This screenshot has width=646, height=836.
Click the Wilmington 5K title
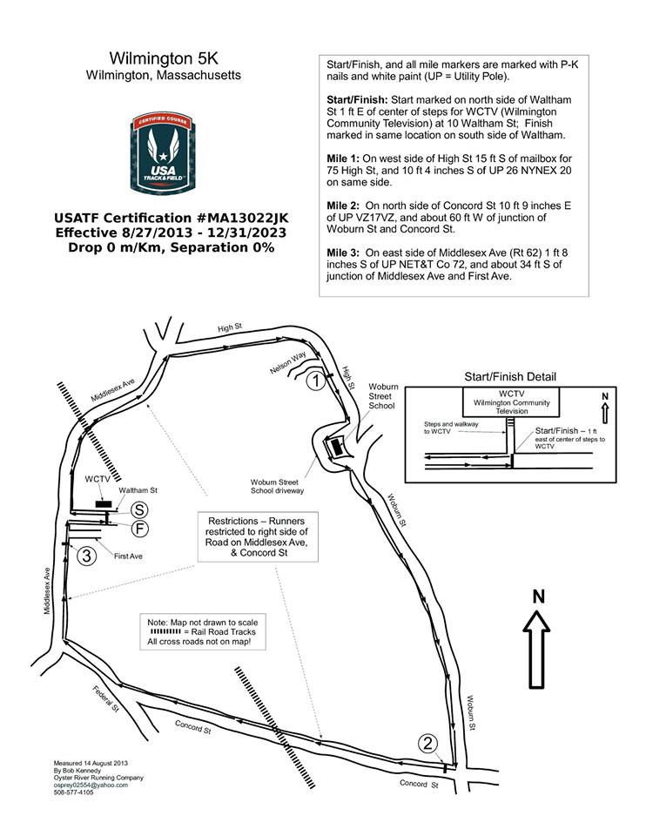164,58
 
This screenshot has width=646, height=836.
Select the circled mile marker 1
319,380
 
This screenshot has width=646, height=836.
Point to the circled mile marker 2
427,743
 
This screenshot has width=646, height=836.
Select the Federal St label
105,698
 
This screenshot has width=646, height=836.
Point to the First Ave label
128,554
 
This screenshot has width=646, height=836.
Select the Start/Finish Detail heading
510,377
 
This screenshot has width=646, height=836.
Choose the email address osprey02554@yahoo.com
91,785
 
